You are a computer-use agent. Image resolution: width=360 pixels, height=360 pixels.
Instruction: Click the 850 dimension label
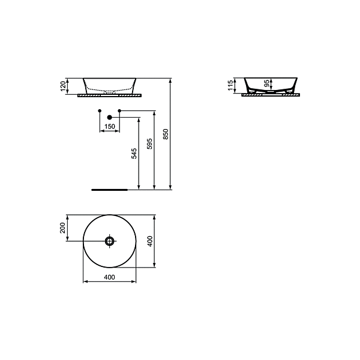[166, 134]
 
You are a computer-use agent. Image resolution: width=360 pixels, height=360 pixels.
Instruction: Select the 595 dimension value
[149, 144]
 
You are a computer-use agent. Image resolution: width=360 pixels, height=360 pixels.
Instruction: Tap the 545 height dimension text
[134, 154]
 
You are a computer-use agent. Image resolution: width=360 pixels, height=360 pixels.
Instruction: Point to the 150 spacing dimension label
[110, 126]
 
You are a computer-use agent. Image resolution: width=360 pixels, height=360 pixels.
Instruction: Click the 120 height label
[63, 86]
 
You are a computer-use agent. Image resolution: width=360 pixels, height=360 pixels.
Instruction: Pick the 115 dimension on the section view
[230, 85]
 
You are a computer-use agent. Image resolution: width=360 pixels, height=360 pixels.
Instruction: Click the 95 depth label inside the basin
[266, 83]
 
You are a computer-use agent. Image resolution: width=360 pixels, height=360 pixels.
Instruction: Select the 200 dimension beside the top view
[62, 228]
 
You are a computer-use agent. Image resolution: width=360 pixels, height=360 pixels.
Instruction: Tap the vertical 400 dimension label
[149, 241]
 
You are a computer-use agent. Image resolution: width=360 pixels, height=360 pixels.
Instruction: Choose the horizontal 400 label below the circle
[110, 277]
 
